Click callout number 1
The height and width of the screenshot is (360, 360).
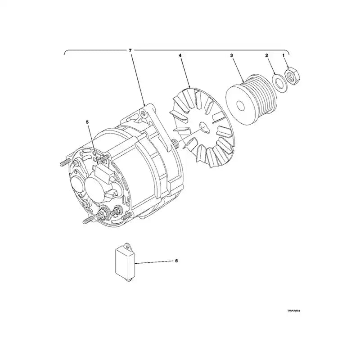tap(283, 55)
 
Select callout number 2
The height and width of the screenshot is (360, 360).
tap(266, 55)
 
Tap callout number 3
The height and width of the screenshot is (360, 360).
tap(231, 55)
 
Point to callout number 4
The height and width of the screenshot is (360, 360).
tap(180, 55)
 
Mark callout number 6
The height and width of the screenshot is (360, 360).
tap(176, 261)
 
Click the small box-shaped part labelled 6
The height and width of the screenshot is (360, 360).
tap(124, 262)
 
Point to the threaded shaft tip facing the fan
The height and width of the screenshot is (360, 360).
tap(173, 143)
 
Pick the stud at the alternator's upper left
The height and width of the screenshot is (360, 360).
tap(64, 163)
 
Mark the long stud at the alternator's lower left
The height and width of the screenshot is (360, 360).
tap(87, 220)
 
